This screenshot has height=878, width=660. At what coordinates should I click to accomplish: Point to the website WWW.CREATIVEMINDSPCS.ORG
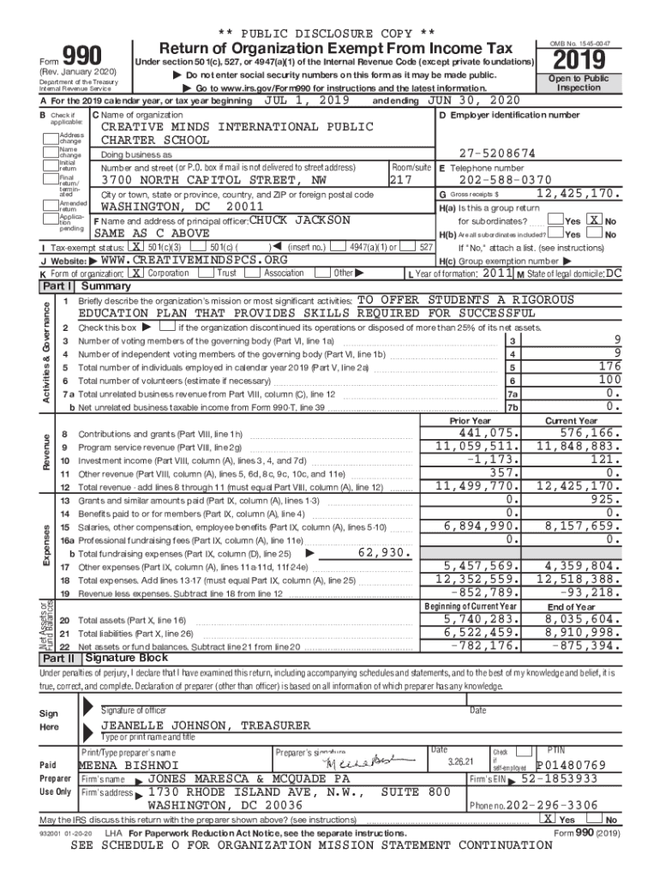pos(194,260)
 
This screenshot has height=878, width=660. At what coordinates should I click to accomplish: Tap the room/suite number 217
pos(401,181)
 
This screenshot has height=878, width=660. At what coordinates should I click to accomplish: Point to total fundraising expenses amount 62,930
pos(384,552)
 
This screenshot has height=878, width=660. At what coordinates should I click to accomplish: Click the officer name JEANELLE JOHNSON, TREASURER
pos(206,725)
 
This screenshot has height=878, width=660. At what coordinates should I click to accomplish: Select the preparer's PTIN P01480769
pos(571,765)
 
